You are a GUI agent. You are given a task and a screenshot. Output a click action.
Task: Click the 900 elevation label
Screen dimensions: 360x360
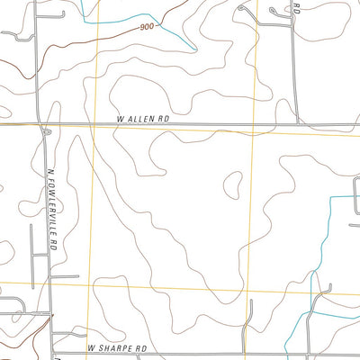click(148, 29)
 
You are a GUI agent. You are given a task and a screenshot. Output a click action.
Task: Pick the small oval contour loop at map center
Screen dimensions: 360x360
click(231, 183)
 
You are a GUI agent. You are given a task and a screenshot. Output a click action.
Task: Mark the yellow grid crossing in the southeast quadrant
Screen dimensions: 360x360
click(247, 291)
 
